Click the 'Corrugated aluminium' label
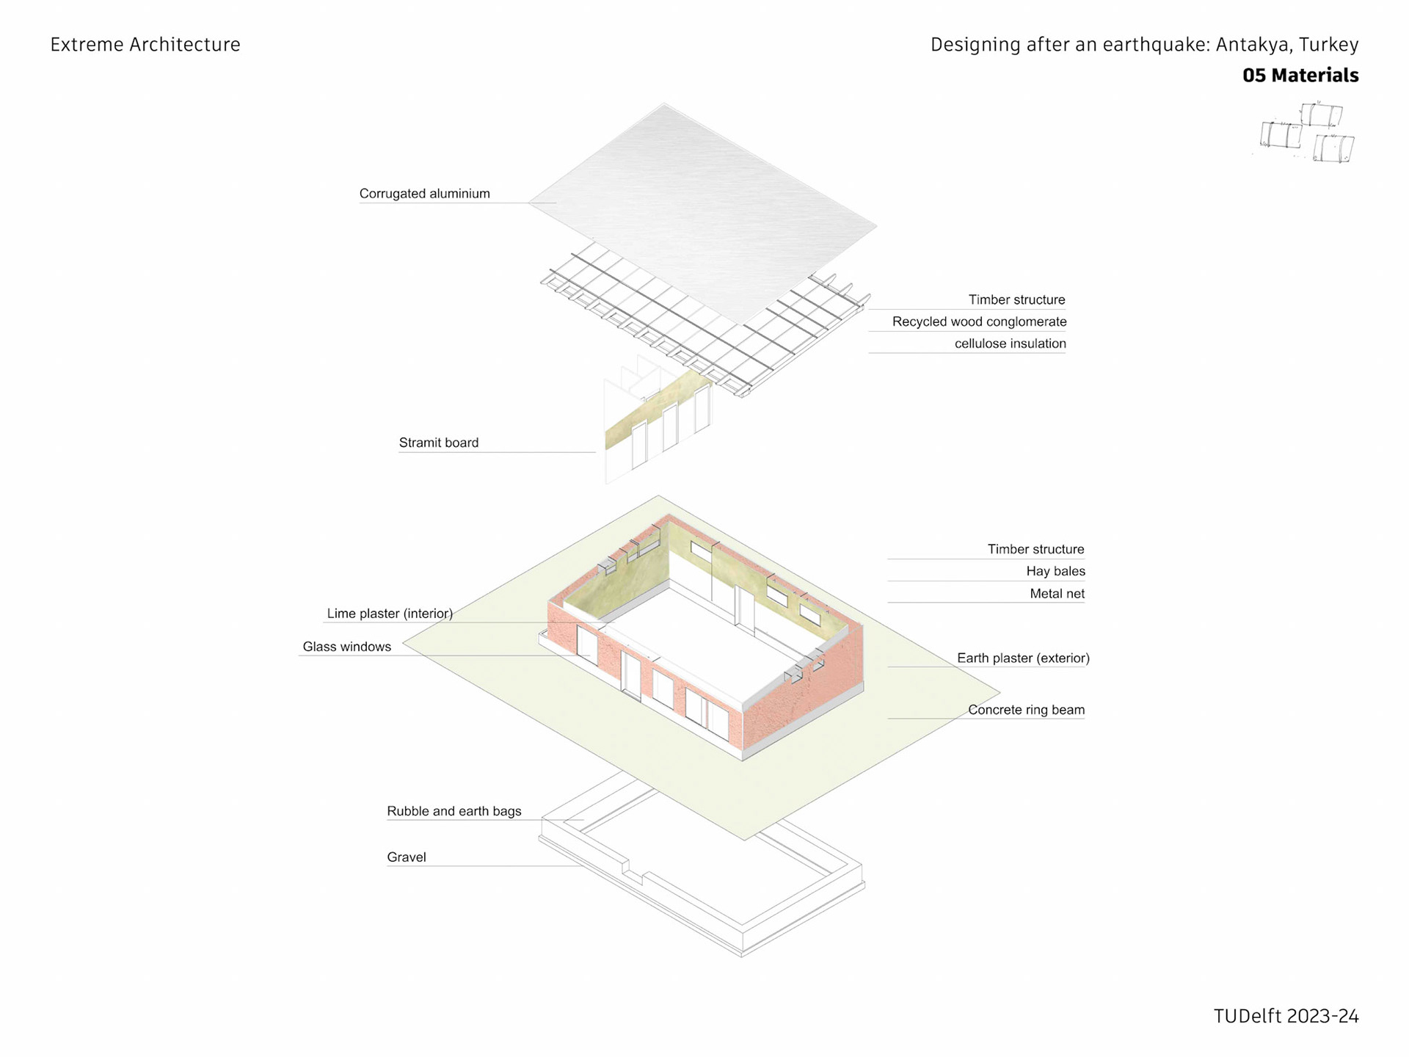[x=424, y=194]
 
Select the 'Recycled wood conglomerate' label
[x=979, y=322]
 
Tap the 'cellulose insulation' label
[x=1010, y=344]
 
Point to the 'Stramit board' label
[x=438, y=443]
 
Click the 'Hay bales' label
[x=1055, y=571]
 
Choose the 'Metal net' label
[x=1057, y=594]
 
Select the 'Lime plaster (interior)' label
[x=390, y=614]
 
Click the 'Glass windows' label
[x=346, y=647]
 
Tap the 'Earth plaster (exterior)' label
[x=1023, y=658]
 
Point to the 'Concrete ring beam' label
[x=1026, y=710]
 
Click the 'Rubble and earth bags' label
[x=454, y=811]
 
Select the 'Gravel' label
[x=406, y=857]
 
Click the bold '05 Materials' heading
[x=1300, y=76]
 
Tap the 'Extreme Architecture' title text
[x=145, y=45]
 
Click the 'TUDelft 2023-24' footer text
[x=1286, y=1017]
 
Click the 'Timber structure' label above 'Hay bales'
[x=1035, y=549]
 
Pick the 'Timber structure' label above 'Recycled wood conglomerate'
[x=1016, y=299]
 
